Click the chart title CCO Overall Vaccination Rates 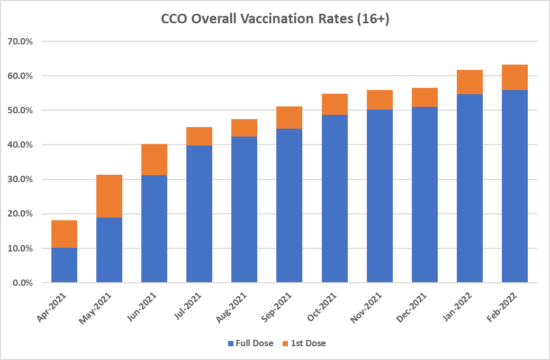[275, 20]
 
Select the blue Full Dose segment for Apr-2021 [64, 265]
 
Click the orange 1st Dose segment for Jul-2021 [199, 136]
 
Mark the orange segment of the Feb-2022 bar [515, 77]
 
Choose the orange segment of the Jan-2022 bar [470, 82]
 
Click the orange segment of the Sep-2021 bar [289, 118]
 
